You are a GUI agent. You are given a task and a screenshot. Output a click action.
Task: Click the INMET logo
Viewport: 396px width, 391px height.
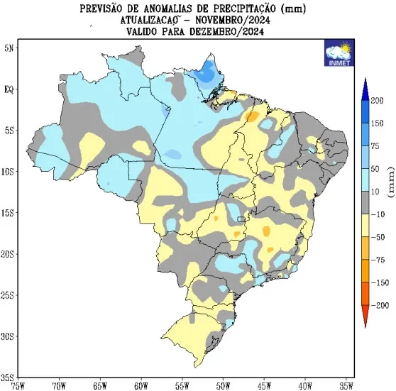(339, 53)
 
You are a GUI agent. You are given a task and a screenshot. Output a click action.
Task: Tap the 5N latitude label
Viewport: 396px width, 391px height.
(9, 48)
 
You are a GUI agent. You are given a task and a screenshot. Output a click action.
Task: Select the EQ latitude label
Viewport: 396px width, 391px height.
(9, 89)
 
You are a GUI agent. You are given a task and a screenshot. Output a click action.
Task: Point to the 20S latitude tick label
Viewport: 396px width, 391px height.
(7, 254)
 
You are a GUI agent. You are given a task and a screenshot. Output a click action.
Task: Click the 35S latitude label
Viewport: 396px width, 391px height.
(7, 378)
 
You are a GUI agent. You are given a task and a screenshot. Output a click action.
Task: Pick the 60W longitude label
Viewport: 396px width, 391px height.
(141, 386)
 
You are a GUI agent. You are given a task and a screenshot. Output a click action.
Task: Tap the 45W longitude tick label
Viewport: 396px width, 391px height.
(264, 386)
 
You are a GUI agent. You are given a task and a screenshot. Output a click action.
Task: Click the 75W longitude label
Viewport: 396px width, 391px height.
(18, 386)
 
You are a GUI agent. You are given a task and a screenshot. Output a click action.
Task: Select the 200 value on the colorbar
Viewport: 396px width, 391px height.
(377, 101)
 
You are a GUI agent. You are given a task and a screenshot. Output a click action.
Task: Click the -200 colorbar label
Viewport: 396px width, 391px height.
(380, 305)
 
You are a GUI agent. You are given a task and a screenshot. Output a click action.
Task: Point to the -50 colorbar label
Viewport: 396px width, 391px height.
(378, 237)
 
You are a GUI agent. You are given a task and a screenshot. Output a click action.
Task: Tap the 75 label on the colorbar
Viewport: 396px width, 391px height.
(375, 146)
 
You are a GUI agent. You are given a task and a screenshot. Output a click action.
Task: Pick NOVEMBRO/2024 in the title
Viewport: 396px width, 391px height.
(233, 20)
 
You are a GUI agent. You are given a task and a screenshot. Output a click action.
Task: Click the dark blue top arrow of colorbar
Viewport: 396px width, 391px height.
(365, 89)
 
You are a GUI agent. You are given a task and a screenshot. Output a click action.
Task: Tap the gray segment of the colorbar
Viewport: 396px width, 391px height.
(365, 203)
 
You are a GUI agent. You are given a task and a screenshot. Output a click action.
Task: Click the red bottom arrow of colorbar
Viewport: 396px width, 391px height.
(365, 316)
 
